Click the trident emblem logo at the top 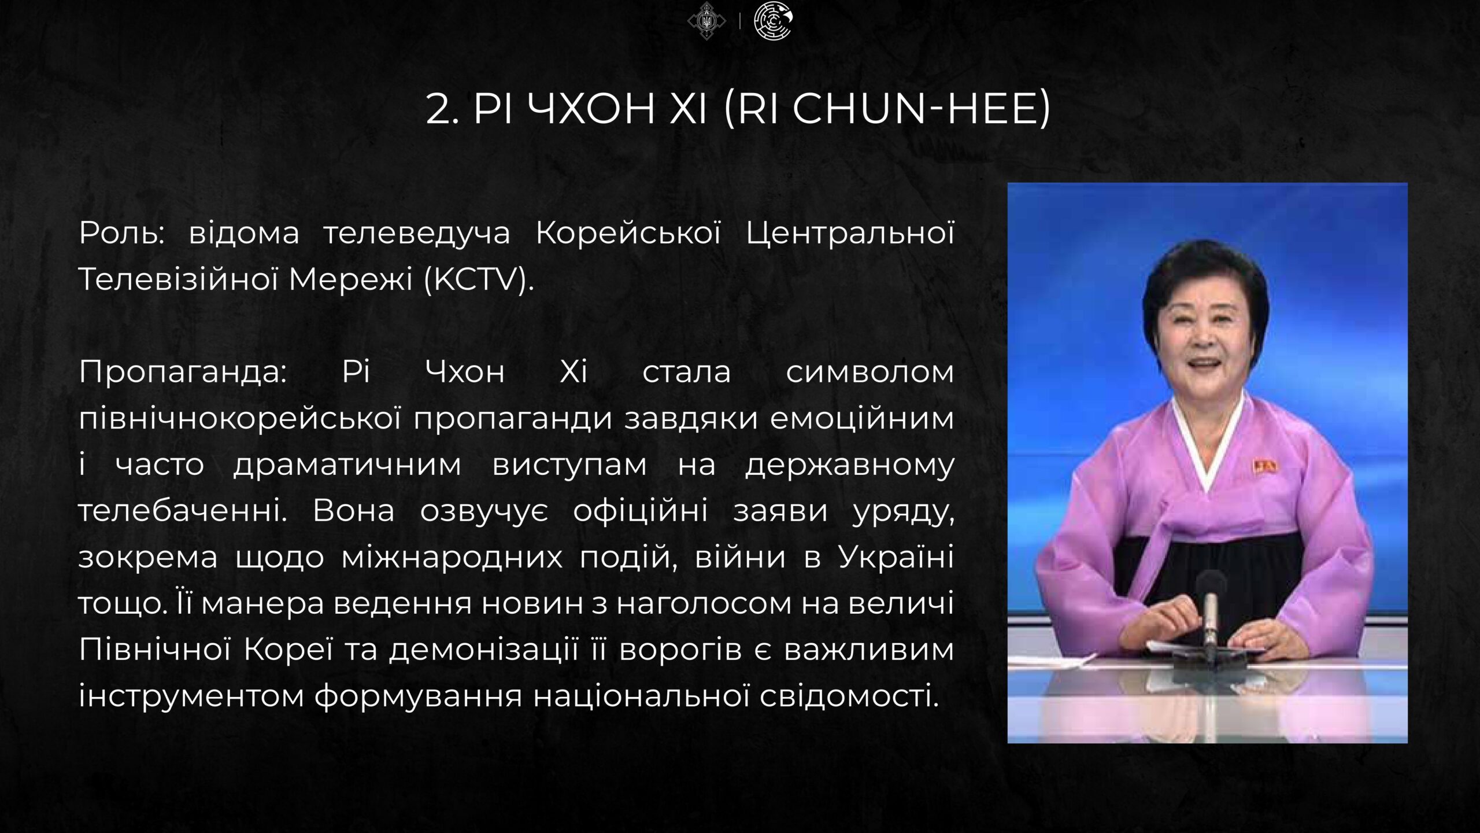[x=706, y=21]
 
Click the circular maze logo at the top [x=774, y=21]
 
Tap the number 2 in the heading [x=438, y=109]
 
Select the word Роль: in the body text [x=122, y=233]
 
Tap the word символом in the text [x=869, y=372]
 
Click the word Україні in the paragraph [x=896, y=557]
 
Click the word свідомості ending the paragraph [x=849, y=696]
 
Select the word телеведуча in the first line [x=417, y=234]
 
